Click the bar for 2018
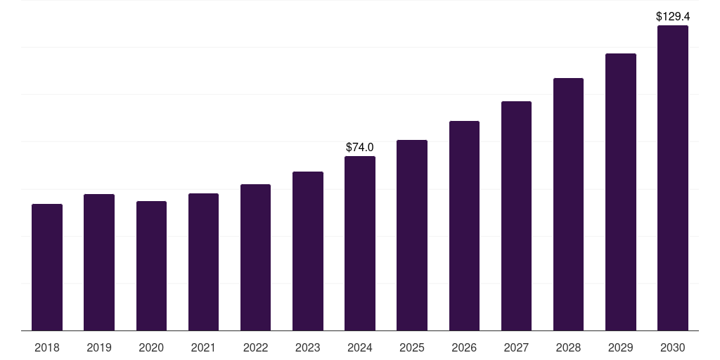click(47, 267)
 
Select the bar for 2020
click(151, 266)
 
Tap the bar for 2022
click(255, 257)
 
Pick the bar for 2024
click(360, 243)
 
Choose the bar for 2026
click(464, 226)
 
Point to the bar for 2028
click(568, 204)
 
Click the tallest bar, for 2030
click(672, 178)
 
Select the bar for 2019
click(99, 262)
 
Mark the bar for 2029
click(620, 192)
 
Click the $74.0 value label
click(360, 147)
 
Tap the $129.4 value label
click(672, 15)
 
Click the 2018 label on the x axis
click(47, 347)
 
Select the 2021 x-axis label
click(203, 347)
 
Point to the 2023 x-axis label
click(307, 347)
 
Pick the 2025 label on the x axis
click(412, 347)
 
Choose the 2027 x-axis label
click(516, 347)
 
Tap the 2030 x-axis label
click(672, 347)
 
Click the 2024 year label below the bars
click(360, 347)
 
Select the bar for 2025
click(412, 236)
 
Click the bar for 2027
click(516, 216)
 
